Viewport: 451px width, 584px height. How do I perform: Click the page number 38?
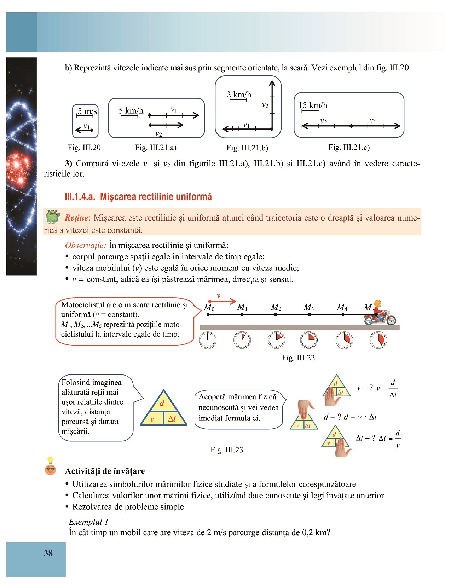click(x=48, y=553)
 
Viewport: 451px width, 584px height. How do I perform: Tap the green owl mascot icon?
click(x=53, y=217)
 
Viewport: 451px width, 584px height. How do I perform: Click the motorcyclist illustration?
click(x=380, y=314)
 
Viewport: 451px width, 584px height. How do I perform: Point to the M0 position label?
click(x=209, y=307)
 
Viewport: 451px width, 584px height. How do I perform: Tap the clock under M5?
click(x=378, y=340)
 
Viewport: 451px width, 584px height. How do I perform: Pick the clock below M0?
click(x=208, y=340)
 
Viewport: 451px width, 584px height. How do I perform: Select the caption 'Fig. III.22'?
click(x=298, y=358)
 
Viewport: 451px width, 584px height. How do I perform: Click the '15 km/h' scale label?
click(x=313, y=105)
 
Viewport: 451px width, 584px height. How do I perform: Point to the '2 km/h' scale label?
click(x=239, y=95)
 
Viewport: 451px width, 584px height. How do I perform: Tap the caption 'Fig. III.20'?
click(x=84, y=148)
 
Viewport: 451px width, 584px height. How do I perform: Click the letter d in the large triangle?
click(x=162, y=403)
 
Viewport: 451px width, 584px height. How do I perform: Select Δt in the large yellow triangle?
click(x=172, y=419)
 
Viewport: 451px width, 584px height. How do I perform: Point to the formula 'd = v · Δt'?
click(x=360, y=417)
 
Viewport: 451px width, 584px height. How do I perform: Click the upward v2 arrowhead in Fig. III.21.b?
click(x=272, y=84)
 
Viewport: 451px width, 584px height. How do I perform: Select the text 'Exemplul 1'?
click(x=88, y=522)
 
